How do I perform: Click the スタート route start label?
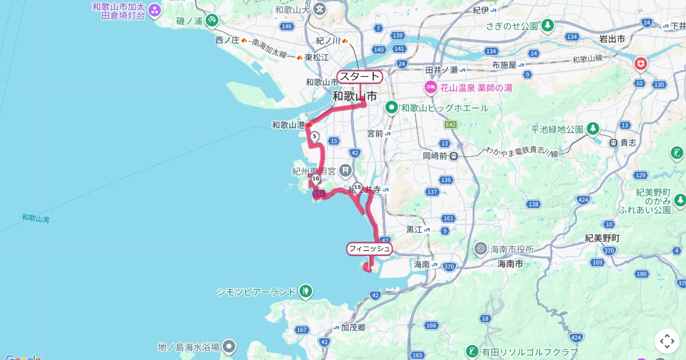pyautogui.click(x=360, y=77)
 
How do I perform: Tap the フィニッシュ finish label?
pyautogui.click(x=369, y=249)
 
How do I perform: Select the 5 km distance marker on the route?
pyautogui.click(x=314, y=136)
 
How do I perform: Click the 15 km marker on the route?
pyautogui.click(x=357, y=187)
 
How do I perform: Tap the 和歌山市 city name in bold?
pyautogui.click(x=354, y=97)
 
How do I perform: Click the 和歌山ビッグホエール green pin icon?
pyautogui.click(x=392, y=107)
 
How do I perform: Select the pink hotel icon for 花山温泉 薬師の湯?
pyautogui.click(x=430, y=87)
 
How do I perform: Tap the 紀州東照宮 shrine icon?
pyautogui.click(x=345, y=170)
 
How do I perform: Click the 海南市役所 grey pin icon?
pyautogui.click(x=481, y=249)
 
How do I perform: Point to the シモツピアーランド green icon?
pyautogui.click(x=306, y=291)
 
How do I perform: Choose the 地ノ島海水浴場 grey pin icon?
pyautogui.click(x=229, y=346)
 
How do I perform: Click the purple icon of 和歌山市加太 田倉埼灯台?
pyautogui.click(x=154, y=10)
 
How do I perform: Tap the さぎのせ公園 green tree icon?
pyautogui.click(x=548, y=26)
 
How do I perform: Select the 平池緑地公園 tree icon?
pyautogui.click(x=593, y=129)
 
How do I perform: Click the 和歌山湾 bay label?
pyautogui.click(x=35, y=218)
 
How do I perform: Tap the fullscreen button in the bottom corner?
pyautogui.click(x=667, y=341)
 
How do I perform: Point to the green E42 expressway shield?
pyautogui.click(x=450, y=124)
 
